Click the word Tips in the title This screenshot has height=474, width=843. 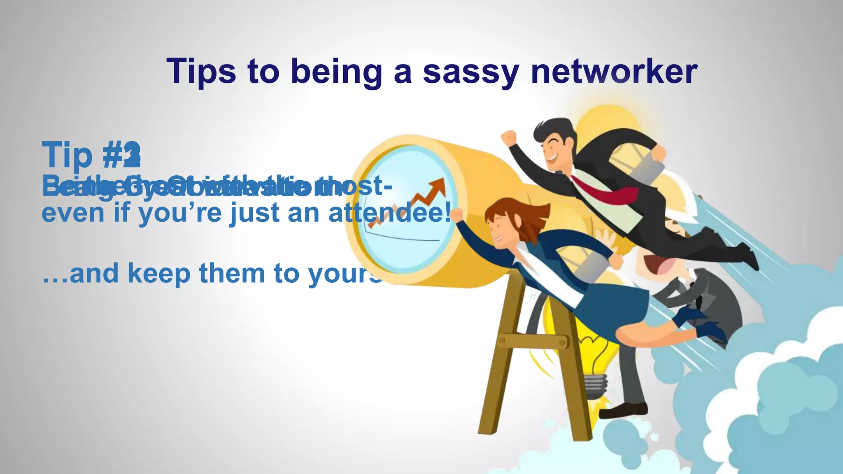click(201, 71)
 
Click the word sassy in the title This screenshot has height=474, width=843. click(471, 71)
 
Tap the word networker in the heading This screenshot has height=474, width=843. click(614, 71)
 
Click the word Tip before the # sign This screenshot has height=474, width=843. click(67, 155)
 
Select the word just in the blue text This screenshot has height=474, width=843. click(249, 213)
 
